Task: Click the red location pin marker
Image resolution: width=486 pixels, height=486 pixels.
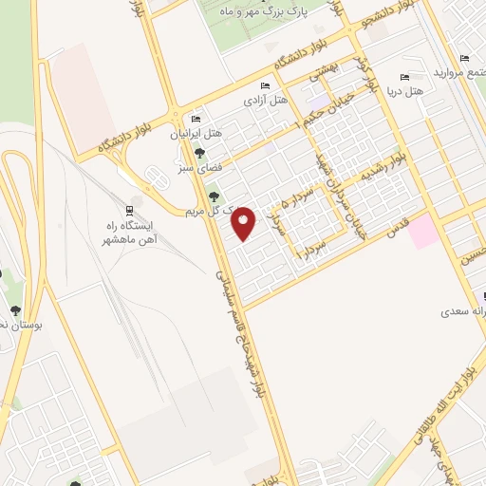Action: click(244, 224)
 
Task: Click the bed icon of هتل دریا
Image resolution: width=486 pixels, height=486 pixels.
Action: click(405, 77)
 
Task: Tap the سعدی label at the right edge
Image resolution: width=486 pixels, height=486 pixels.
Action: click(464, 311)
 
